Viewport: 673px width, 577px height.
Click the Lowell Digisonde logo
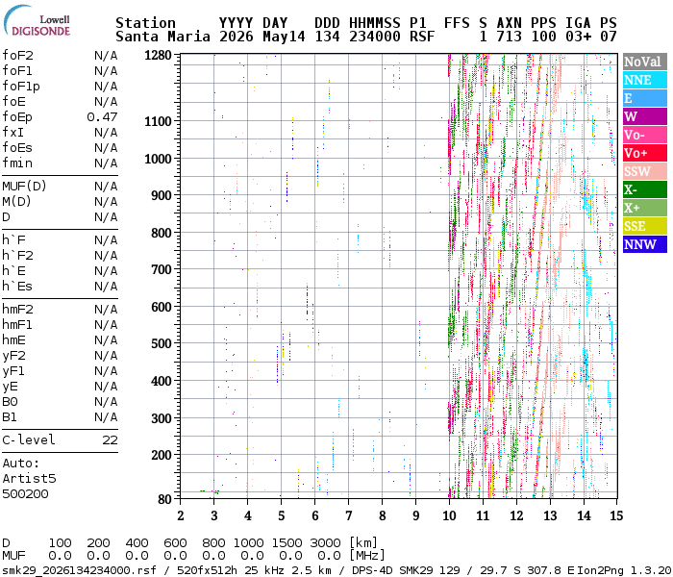pos(37,20)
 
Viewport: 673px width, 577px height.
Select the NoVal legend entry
pos(645,62)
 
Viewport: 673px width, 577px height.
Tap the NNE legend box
pos(645,80)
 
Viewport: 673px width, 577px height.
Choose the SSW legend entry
pos(645,171)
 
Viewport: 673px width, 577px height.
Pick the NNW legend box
pos(645,244)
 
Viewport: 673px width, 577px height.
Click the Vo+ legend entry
pos(645,153)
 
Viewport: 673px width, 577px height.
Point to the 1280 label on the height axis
pos(158,56)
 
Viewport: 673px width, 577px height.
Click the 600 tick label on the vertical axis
pos(162,307)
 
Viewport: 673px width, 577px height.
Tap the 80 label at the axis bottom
pos(164,499)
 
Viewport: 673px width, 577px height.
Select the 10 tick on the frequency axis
pos(449,515)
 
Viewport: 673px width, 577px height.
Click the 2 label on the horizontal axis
pos(181,515)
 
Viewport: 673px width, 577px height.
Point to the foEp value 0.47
pos(102,116)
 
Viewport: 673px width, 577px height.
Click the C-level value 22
pos(110,440)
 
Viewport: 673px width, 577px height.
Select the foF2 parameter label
pos(17,56)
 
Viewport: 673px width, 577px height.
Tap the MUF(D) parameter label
pos(24,187)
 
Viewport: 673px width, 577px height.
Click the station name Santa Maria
pos(162,37)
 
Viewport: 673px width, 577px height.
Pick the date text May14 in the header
pos(284,37)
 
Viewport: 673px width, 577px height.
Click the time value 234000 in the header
pos(375,37)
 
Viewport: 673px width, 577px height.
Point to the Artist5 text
pos(29,478)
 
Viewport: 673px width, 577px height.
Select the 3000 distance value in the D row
pos(325,542)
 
